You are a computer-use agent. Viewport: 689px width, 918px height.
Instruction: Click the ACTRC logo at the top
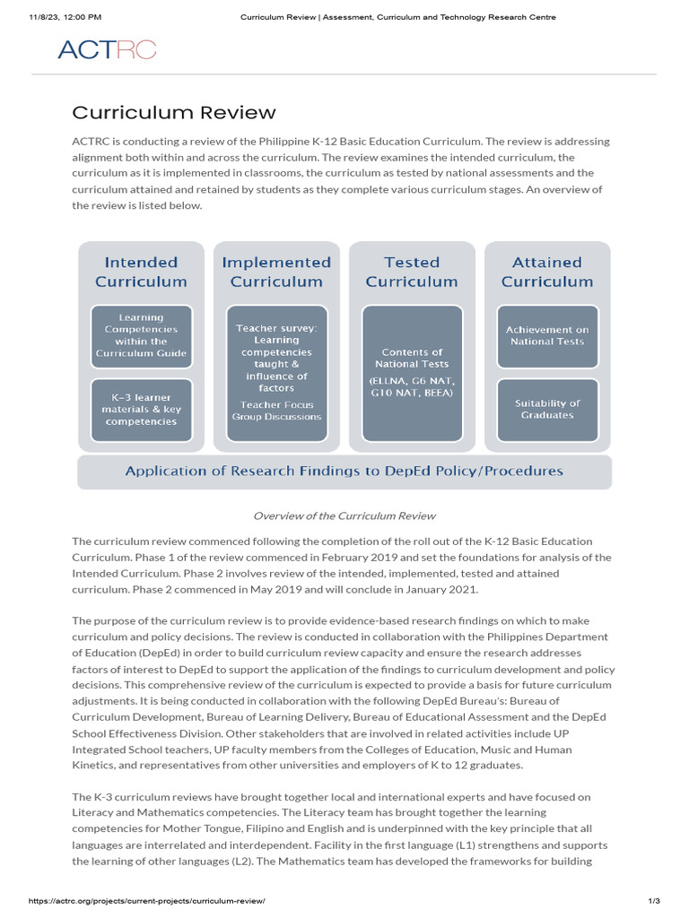click(x=107, y=49)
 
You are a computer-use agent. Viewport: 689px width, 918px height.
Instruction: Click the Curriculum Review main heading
click(x=174, y=112)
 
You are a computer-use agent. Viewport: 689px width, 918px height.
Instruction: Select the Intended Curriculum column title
click(x=142, y=272)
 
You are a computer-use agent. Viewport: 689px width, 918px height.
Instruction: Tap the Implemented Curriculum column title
click(x=276, y=272)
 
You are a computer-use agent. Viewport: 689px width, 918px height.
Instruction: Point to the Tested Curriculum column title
click(x=412, y=272)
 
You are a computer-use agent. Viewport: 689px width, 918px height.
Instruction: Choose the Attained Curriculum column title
click(x=547, y=272)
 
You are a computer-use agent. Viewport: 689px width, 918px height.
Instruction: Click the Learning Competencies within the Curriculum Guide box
click(x=142, y=335)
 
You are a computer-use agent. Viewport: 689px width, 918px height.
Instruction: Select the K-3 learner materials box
click(x=142, y=410)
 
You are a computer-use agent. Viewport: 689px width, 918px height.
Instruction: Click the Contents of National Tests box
click(x=412, y=359)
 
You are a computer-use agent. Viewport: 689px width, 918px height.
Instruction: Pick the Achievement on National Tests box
click(x=547, y=335)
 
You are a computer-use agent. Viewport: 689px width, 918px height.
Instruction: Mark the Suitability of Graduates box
click(x=547, y=410)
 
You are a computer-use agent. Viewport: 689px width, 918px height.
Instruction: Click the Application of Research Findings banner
click(x=344, y=471)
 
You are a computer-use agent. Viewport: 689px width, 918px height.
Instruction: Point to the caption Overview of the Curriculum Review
click(x=344, y=515)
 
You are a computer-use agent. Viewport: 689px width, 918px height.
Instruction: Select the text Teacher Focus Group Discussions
click(x=276, y=411)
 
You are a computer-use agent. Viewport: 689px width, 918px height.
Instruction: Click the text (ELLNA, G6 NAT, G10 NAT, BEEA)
click(x=412, y=386)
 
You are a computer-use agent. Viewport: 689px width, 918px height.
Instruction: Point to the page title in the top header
click(x=398, y=16)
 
